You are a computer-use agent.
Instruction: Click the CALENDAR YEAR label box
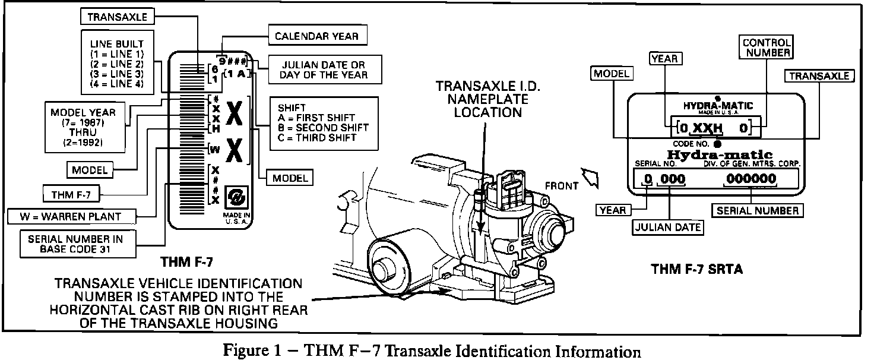click(x=316, y=36)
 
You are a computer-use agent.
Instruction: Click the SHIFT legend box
click(x=324, y=122)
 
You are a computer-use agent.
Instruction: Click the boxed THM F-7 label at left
click(x=71, y=193)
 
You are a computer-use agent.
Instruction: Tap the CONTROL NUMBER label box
click(x=767, y=47)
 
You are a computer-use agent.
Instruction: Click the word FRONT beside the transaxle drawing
click(x=560, y=186)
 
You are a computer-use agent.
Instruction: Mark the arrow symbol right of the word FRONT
click(x=591, y=176)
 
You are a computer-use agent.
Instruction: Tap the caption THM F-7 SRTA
click(x=696, y=269)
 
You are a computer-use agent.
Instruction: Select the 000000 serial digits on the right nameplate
click(x=750, y=179)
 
